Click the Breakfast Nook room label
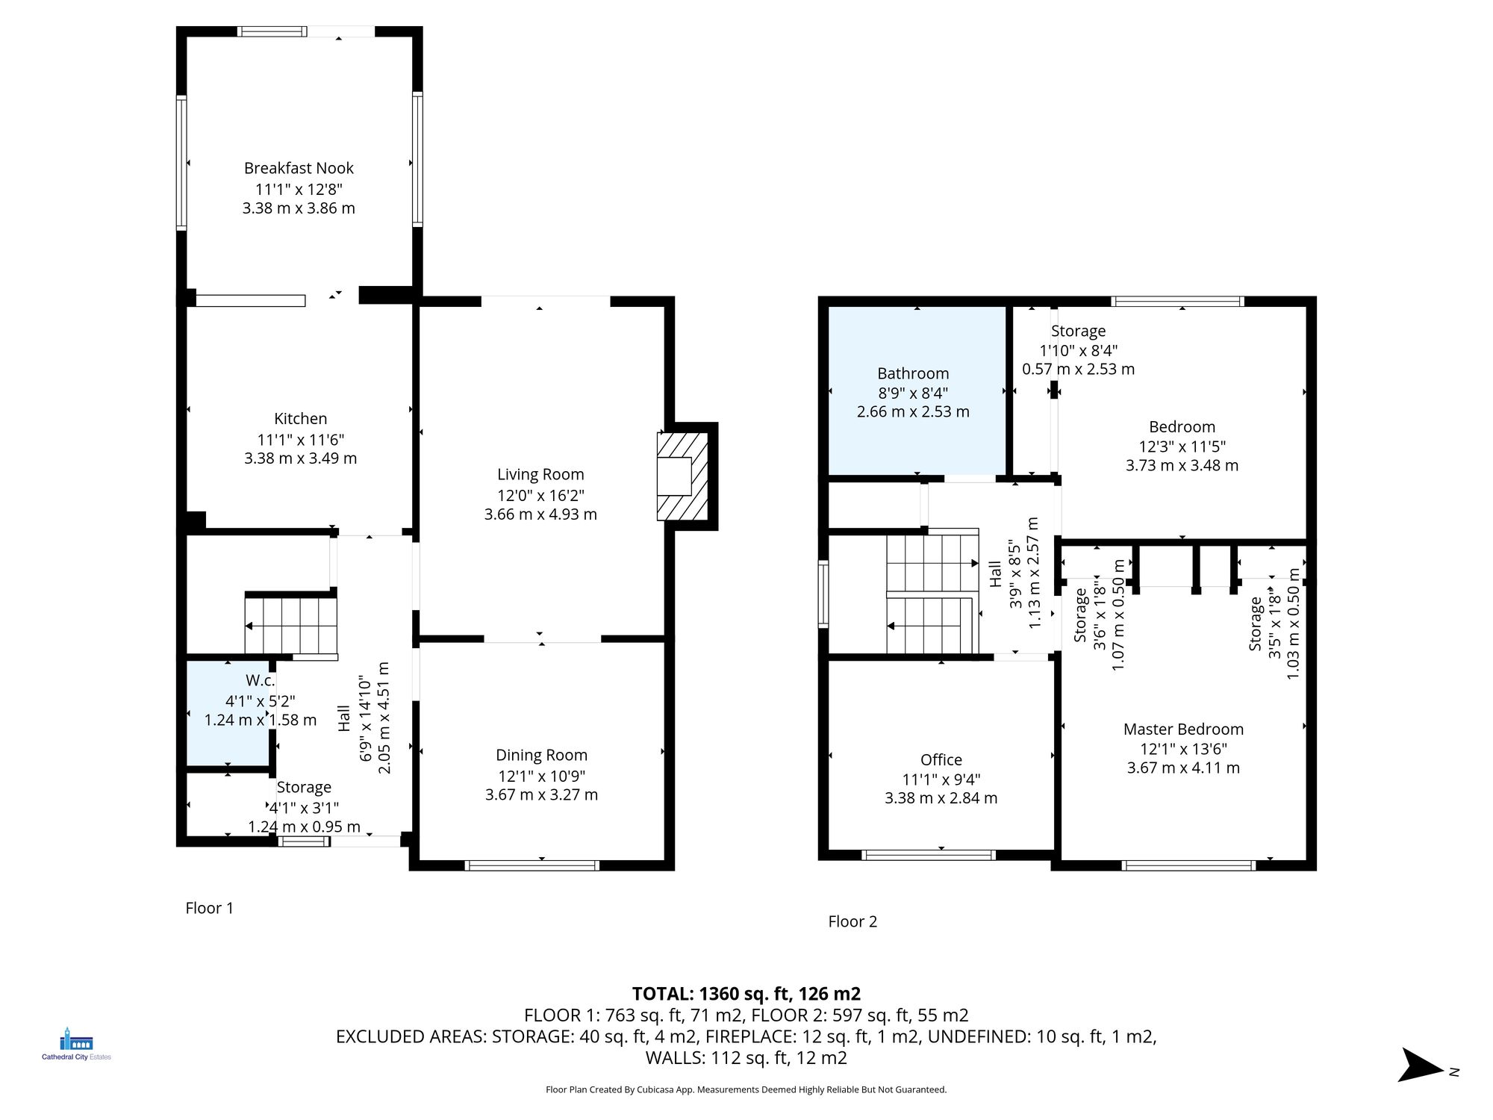click(x=299, y=168)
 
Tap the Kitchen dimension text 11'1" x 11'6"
click(x=300, y=440)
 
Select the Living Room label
click(x=540, y=474)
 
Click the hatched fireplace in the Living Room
click(x=682, y=476)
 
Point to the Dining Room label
click(x=541, y=755)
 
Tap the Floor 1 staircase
click(x=291, y=626)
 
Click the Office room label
click(x=941, y=759)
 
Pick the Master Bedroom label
click(x=1183, y=729)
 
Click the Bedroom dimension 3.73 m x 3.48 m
click(x=1182, y=465)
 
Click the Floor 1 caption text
click(x=209, y=908)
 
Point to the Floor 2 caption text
click(x=853, y=921)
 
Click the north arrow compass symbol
click(x=1422, y=1065)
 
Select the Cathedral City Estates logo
click(x=76, y=1044)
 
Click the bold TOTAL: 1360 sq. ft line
click(x=746, y=994)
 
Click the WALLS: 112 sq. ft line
click(x=746, y=1057)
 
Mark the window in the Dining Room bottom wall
click(x=532, y=865)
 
